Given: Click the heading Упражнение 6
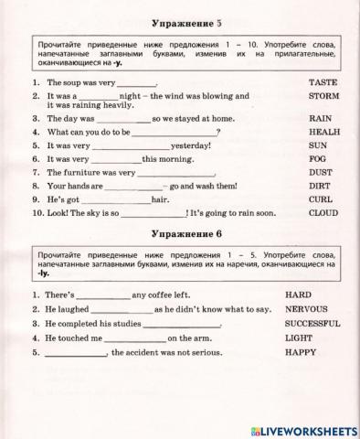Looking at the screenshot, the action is tap(181, 235).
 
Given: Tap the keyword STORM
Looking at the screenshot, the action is tap(323, 95).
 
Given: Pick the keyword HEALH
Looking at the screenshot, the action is tap(324, 132).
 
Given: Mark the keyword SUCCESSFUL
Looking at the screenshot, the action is tap(312, 324).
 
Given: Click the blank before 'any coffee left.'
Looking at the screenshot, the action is tap(101, 296).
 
